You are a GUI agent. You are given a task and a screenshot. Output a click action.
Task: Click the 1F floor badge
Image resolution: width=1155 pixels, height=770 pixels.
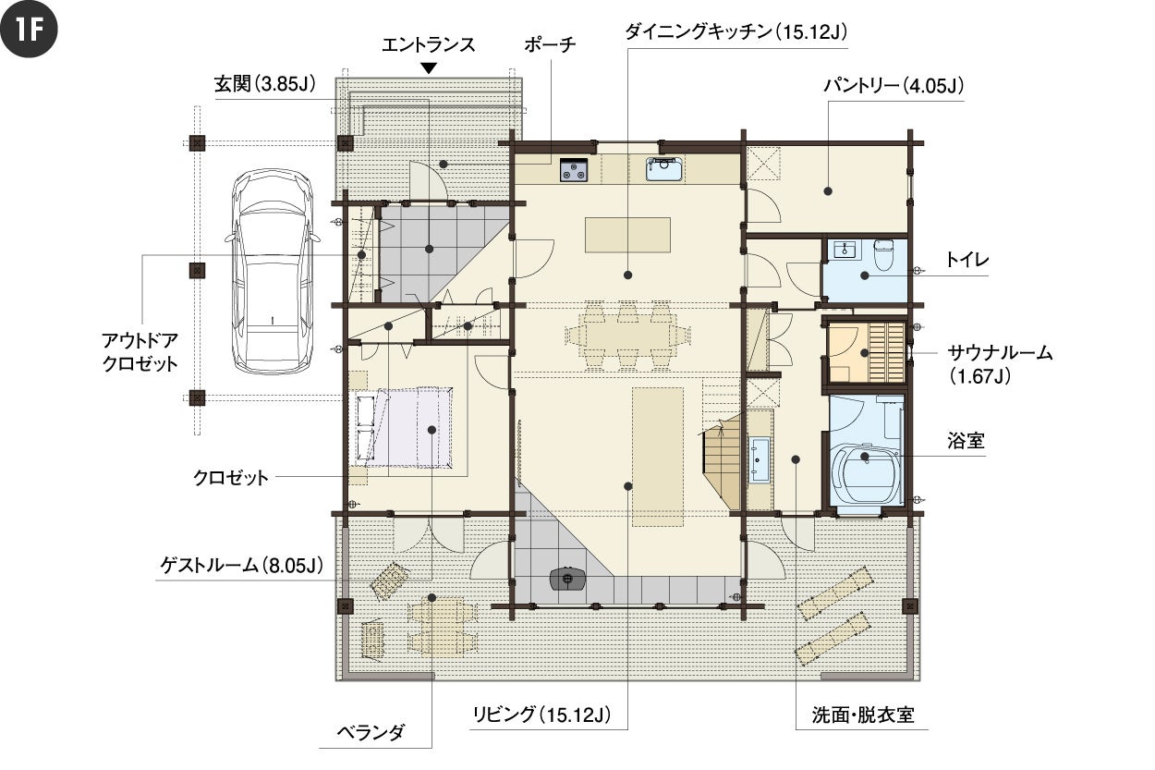point(29,29)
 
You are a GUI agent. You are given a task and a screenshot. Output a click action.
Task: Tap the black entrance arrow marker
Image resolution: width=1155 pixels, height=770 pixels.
point(429,68)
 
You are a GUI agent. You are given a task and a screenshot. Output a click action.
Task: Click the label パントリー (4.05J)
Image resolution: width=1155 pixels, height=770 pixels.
point(894,86)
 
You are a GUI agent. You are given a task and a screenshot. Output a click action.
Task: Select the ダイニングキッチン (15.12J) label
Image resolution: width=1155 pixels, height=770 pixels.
point(736,32)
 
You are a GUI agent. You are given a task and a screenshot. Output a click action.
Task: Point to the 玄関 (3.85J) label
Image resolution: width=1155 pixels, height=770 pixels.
point(265,83)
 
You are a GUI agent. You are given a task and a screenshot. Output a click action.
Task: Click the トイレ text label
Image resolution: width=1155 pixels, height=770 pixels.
point(967,260)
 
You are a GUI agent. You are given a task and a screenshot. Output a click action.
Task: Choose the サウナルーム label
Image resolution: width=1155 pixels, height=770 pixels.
point(1000,353)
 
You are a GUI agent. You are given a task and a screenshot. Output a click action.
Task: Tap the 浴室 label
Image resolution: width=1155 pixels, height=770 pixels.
point(966,441)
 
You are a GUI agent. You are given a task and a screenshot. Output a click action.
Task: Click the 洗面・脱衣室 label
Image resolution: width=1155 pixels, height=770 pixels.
point(863,715)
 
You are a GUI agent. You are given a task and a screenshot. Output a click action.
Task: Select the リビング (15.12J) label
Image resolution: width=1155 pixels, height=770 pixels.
point(541,715)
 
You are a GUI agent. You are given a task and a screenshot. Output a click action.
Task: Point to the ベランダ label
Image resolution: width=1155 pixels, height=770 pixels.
point(371,732)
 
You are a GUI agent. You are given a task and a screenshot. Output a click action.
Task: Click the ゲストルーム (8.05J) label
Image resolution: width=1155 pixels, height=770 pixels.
point(242,565)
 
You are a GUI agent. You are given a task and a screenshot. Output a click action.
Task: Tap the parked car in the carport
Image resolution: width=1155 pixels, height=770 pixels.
point(273,271)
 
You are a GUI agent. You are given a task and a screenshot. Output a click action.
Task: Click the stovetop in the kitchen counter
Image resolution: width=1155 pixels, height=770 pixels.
point(574,170)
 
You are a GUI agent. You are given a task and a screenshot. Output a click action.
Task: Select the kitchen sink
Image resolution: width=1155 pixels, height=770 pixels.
point(665,169)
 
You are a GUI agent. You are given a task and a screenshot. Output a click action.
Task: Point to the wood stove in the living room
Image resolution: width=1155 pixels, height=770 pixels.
point(568,579)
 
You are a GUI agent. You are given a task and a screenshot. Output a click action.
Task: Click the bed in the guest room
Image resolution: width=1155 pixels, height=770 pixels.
point(404,428)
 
